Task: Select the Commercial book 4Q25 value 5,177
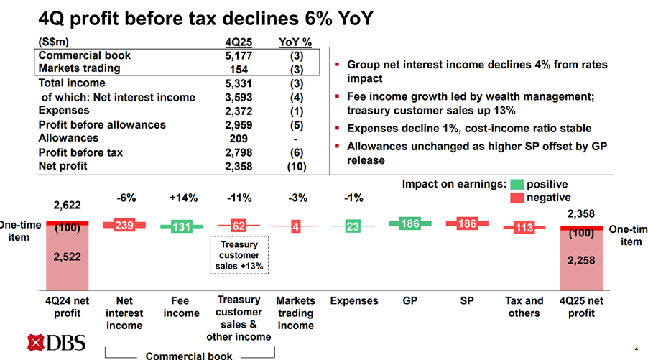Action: click(x=238, y=55)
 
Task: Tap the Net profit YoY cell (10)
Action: click(x=295, y=166)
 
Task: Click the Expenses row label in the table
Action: click(x=64, y=111)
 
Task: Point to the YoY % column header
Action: click(x=294, y=42)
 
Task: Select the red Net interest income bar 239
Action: click(x=124, y=225)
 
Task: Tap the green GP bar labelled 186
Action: click(x=409, y=223)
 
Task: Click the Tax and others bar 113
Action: click(x=524, y=228)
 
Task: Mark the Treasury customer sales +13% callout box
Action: click(x=240, y=255)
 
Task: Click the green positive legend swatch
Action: click(x=517, y=184)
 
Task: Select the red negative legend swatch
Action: click(x=517, y=197)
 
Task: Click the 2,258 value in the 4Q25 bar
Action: click(x=581, y=261)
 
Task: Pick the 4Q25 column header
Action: click(x=238, y=42)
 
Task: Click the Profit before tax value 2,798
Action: click(x=238, y=152)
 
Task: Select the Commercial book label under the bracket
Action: click(x=189, y=356)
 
